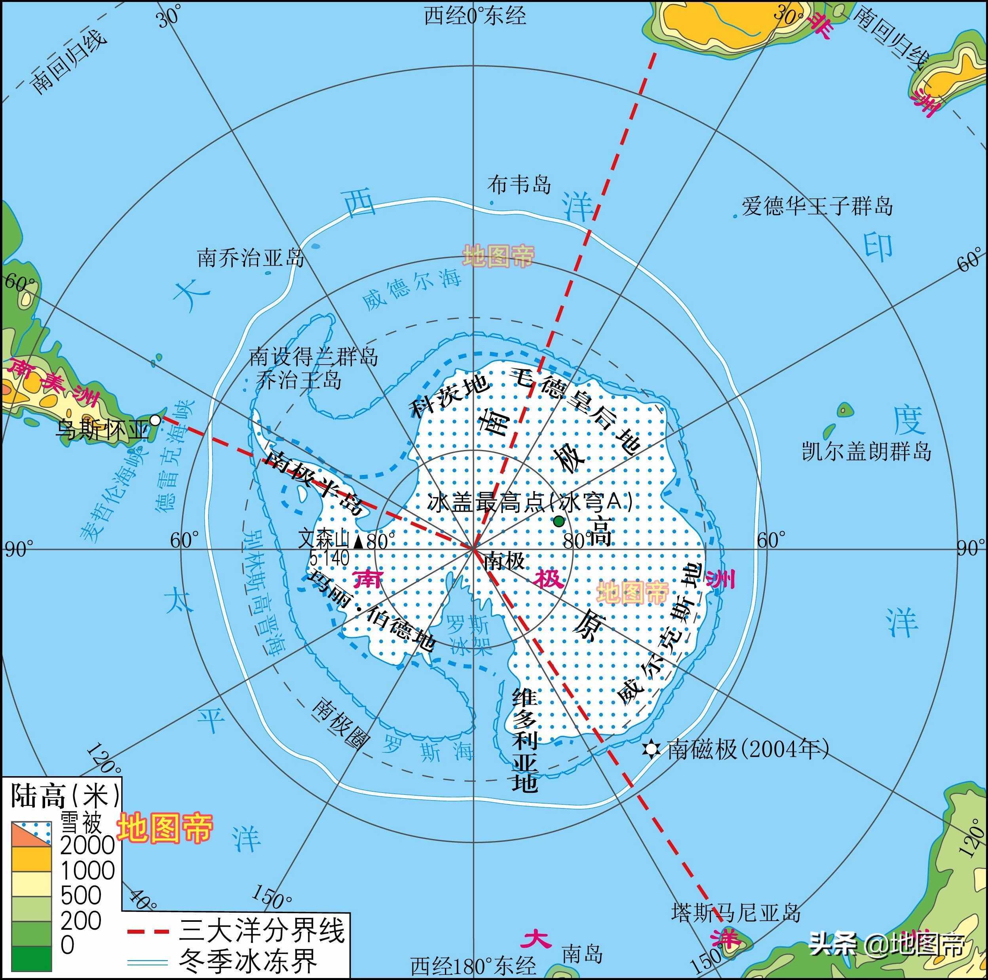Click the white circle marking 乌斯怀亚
(x=154, y=420)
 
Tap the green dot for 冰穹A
(x=559, y=521)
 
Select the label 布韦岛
(x=519, y=184)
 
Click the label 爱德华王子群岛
(x=817, y=206)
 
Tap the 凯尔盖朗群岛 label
(x=866, y=451)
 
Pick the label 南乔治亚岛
(x=251, y=258)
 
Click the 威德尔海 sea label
(x=412, y=289)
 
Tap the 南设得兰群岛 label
(x=313, y=356)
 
